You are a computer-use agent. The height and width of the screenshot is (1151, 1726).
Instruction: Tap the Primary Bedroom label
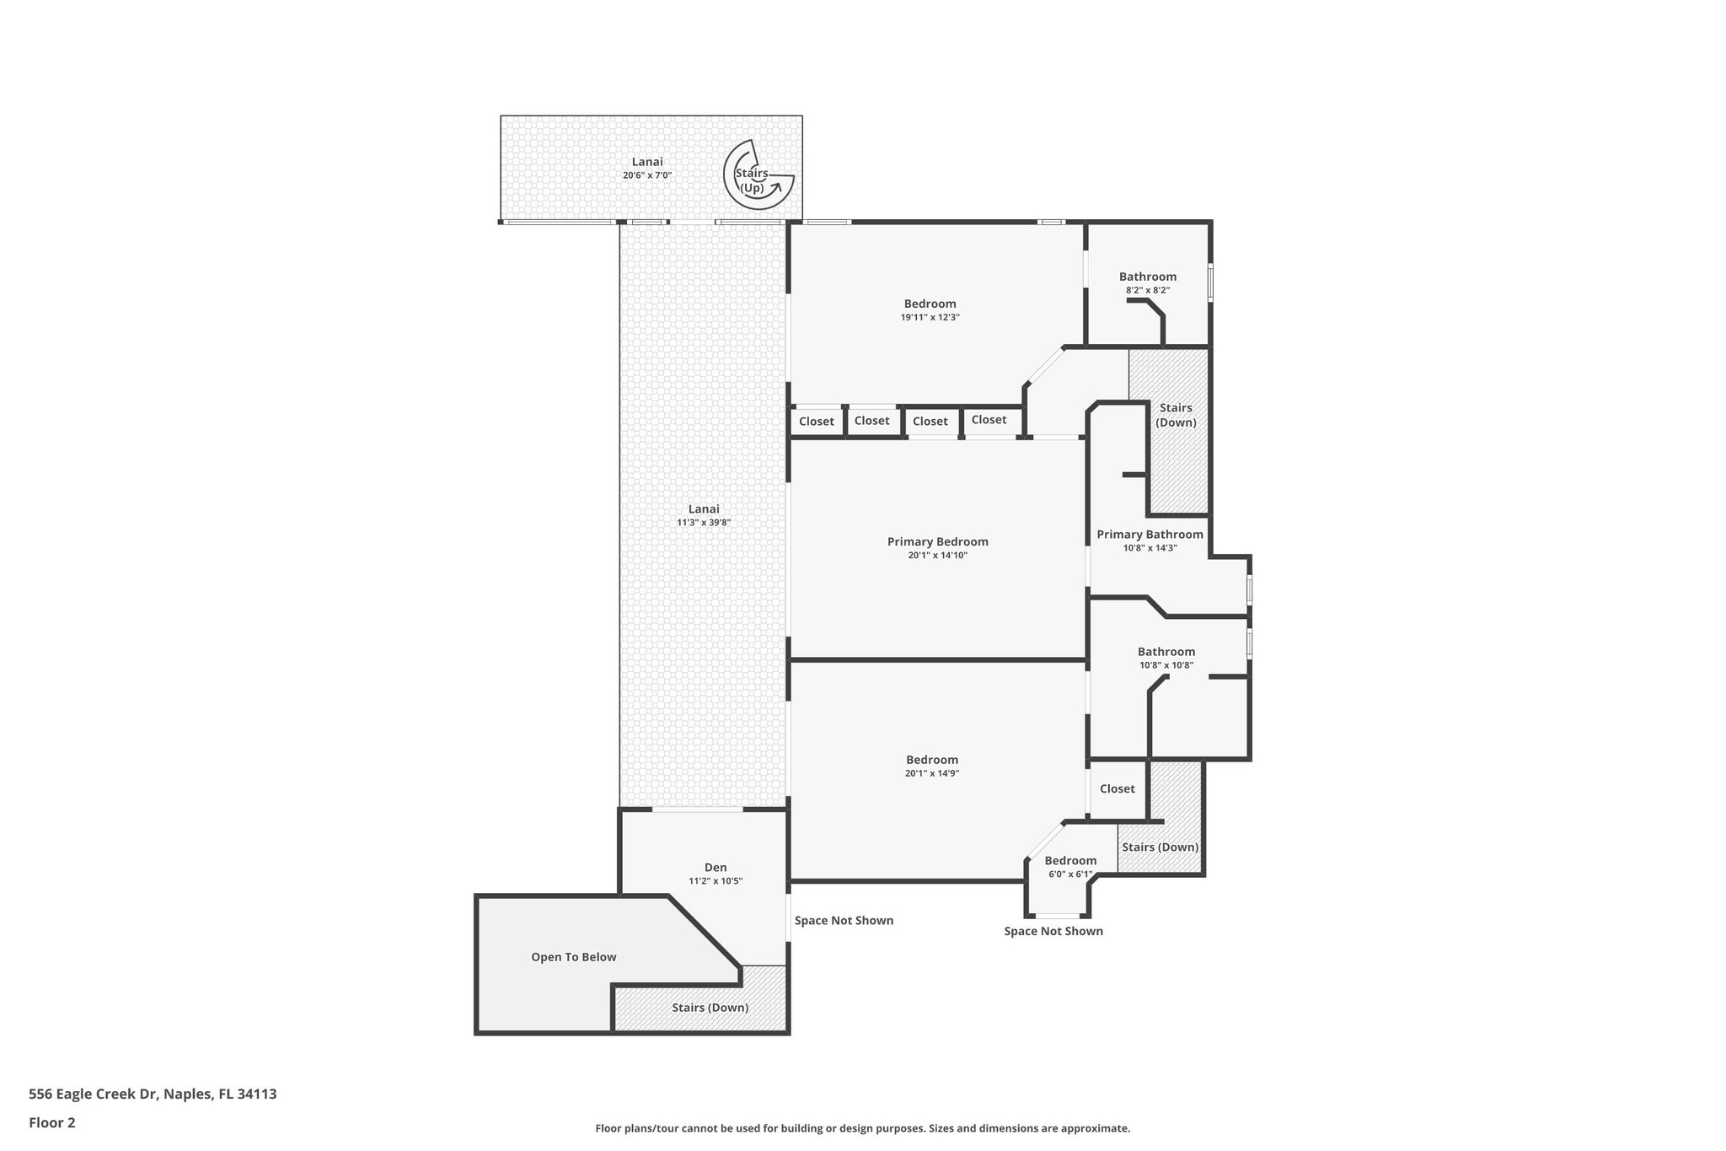[x=937, y=542]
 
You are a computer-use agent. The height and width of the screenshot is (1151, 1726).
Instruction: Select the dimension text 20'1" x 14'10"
[x=937, y=556]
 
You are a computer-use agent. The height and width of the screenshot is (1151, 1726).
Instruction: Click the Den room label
[x=715, y=868]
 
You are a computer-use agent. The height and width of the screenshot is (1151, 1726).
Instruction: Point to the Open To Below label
[x=573, y=957]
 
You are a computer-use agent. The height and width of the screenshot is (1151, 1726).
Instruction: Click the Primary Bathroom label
[x=1150, y=535]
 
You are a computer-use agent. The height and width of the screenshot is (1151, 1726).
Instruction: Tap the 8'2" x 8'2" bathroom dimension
[x=1147, y=290]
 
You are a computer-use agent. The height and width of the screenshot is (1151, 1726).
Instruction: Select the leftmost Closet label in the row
[x=816, y=422]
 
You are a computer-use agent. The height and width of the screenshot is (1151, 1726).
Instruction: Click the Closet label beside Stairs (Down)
[x=1117, y=789]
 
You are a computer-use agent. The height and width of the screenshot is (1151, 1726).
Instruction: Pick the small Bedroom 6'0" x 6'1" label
[x=1069, y=861]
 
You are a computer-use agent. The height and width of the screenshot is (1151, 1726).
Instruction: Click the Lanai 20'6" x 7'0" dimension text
[x=647, y=175]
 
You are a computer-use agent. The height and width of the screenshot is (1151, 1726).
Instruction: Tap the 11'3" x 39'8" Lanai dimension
[x=703, y=523]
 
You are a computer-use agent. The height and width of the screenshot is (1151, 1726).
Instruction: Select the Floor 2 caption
[x=52, y=1122]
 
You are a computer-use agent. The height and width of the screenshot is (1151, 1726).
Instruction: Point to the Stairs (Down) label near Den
[x=710, y=1008]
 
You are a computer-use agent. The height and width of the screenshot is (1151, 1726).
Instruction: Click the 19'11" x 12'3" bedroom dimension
[x=930, y=318]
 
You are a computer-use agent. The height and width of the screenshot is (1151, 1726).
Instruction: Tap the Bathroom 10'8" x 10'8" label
[x=1166, y=652]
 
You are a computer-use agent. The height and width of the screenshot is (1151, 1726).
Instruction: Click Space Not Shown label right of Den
[x=844, y=921]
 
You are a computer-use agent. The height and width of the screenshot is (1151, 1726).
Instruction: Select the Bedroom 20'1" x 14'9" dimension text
[x=931, y=773]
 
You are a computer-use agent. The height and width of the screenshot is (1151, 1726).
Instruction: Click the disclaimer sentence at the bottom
[x=862, y=1128]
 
